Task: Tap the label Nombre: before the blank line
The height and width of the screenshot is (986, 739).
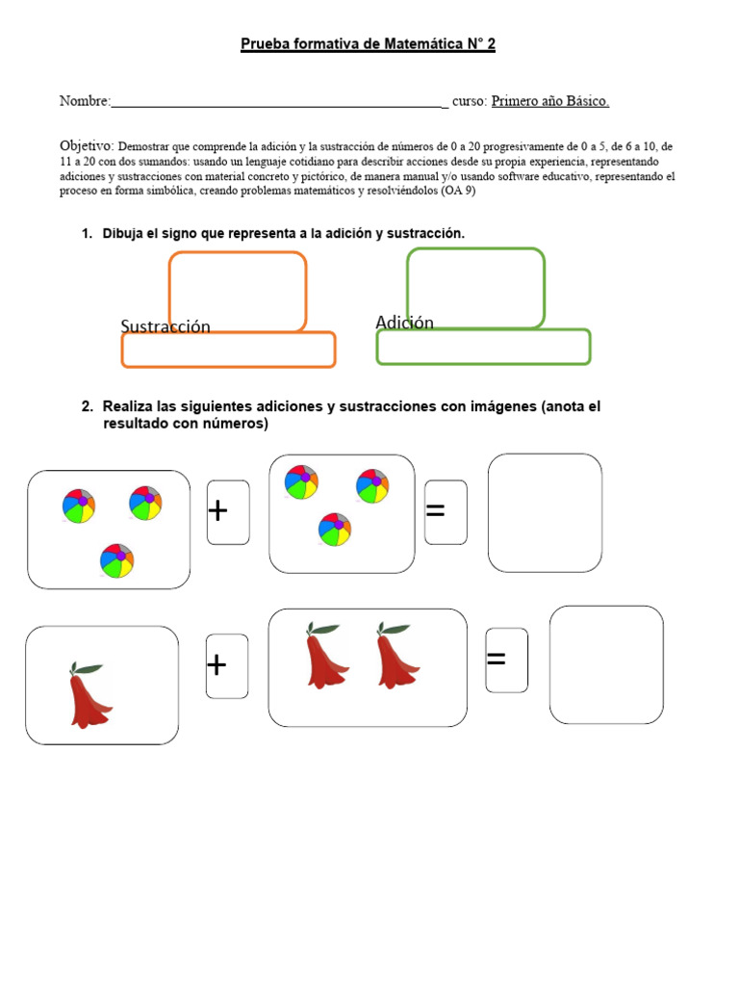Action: click(x=85, y=101)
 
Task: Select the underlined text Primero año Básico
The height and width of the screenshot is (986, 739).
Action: click(x=550, y=101)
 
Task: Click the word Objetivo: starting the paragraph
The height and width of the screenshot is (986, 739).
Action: click(x=87, y=144)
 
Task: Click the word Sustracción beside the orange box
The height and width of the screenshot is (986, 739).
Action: click(x=166, y=326)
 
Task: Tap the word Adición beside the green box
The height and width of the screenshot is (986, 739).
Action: click(x=404, y=323)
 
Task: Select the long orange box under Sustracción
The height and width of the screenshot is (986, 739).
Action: click(x=228, y=350)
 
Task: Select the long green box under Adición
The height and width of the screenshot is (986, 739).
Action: click(x=483, y=348)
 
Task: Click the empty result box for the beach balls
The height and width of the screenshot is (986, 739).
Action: click(x=545, y=512)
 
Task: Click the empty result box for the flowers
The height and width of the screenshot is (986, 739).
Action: click(x=605, y=664)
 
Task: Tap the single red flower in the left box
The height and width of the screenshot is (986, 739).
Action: click(x=89, y=694)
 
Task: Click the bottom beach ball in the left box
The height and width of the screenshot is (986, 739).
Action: click(x=116, y=561)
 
